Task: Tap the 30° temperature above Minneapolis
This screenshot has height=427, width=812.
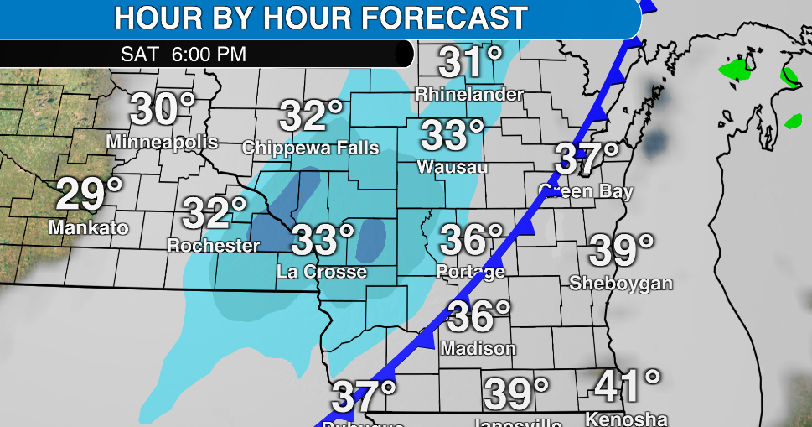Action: (x=163, y=111)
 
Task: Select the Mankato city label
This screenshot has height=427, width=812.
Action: (x=88, y=227)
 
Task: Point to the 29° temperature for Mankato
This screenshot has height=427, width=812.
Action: (x=89, y=195)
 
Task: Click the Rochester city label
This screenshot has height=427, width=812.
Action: (x=214, y=246)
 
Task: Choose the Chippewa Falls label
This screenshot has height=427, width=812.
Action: (x=311, y=148)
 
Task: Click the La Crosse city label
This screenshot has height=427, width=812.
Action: (x=322, y=272)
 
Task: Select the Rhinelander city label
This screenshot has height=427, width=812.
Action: (x=469, y=94)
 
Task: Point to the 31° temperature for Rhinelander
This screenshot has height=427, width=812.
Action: (x=471, y=63)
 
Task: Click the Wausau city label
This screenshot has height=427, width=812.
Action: (x=453, y=167)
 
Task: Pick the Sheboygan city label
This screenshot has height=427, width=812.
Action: (x=621, y=283)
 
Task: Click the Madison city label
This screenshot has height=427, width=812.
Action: (x=478, y=347)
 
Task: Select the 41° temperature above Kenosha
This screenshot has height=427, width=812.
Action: (x=628, y=386)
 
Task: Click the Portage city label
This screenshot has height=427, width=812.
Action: (x=471, y=271)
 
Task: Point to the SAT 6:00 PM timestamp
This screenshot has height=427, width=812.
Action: (x=184, y=55)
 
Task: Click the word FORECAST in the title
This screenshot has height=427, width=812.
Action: (x=435, y=17)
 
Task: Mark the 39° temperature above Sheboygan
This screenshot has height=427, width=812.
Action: (x=622, y=250)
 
